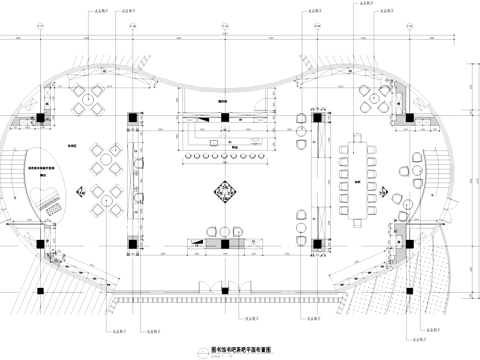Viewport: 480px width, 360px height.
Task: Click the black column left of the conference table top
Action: tap(316, 118)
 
